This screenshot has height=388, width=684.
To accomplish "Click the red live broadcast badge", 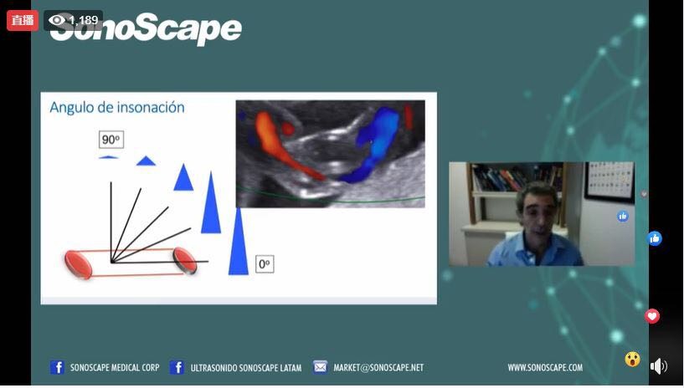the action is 23,20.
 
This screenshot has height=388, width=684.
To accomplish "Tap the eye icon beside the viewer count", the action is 57,20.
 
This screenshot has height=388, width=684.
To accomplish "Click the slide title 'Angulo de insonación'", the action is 117,107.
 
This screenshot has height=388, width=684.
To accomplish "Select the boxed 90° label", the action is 111,140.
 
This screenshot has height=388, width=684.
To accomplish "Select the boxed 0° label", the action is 265,264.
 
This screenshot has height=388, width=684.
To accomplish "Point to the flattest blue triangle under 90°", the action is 109,156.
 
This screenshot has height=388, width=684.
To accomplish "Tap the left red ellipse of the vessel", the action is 78,264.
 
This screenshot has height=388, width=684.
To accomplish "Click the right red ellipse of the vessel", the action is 185,260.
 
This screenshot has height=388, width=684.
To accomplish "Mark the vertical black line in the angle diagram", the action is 111,222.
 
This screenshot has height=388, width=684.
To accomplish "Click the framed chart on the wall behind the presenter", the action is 609,181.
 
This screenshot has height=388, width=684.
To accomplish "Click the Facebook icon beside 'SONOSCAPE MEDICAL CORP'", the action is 57,367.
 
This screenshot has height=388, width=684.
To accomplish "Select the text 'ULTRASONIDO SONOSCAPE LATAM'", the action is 245,368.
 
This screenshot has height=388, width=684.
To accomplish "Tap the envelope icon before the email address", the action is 320,367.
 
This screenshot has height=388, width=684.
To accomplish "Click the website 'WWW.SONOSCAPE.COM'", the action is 545,367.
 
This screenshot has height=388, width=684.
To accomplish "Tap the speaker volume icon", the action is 658,366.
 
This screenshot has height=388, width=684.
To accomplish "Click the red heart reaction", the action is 652,316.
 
